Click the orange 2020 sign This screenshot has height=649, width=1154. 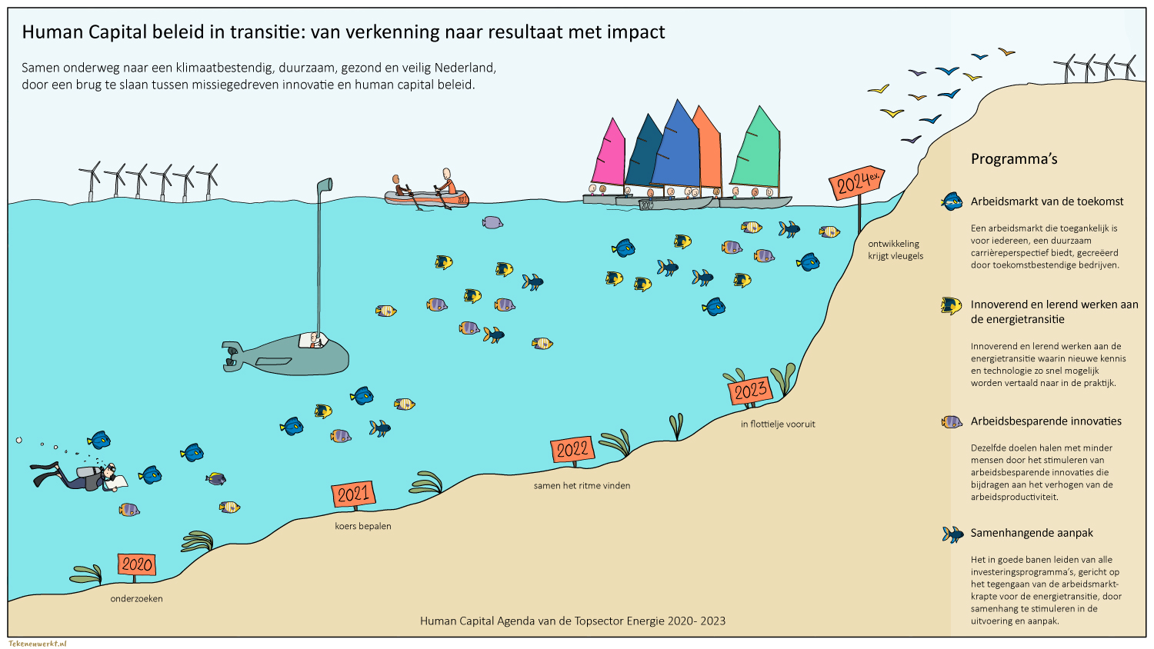(137, 564)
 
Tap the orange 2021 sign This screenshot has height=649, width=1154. (353, 494)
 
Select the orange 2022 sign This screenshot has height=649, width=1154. (572, 450)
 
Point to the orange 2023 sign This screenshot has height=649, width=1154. (749, 391)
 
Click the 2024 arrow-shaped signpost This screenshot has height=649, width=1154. (855, 184)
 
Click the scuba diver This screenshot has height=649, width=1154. (81, 477)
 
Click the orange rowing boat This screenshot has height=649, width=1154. (426, 198)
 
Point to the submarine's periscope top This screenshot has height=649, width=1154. (325, 185)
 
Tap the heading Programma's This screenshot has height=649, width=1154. (1014, 159)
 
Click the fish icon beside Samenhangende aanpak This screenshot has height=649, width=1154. (952, 534)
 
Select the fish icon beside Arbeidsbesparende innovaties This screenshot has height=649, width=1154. (952, 421)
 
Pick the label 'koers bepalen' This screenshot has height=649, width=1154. (363, 526)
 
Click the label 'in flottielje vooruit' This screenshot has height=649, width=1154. (778, 424)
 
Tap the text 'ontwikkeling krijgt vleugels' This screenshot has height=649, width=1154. (896, 250)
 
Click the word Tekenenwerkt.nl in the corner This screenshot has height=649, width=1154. (38, 643)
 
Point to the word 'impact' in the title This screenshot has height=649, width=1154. (635, 32)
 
